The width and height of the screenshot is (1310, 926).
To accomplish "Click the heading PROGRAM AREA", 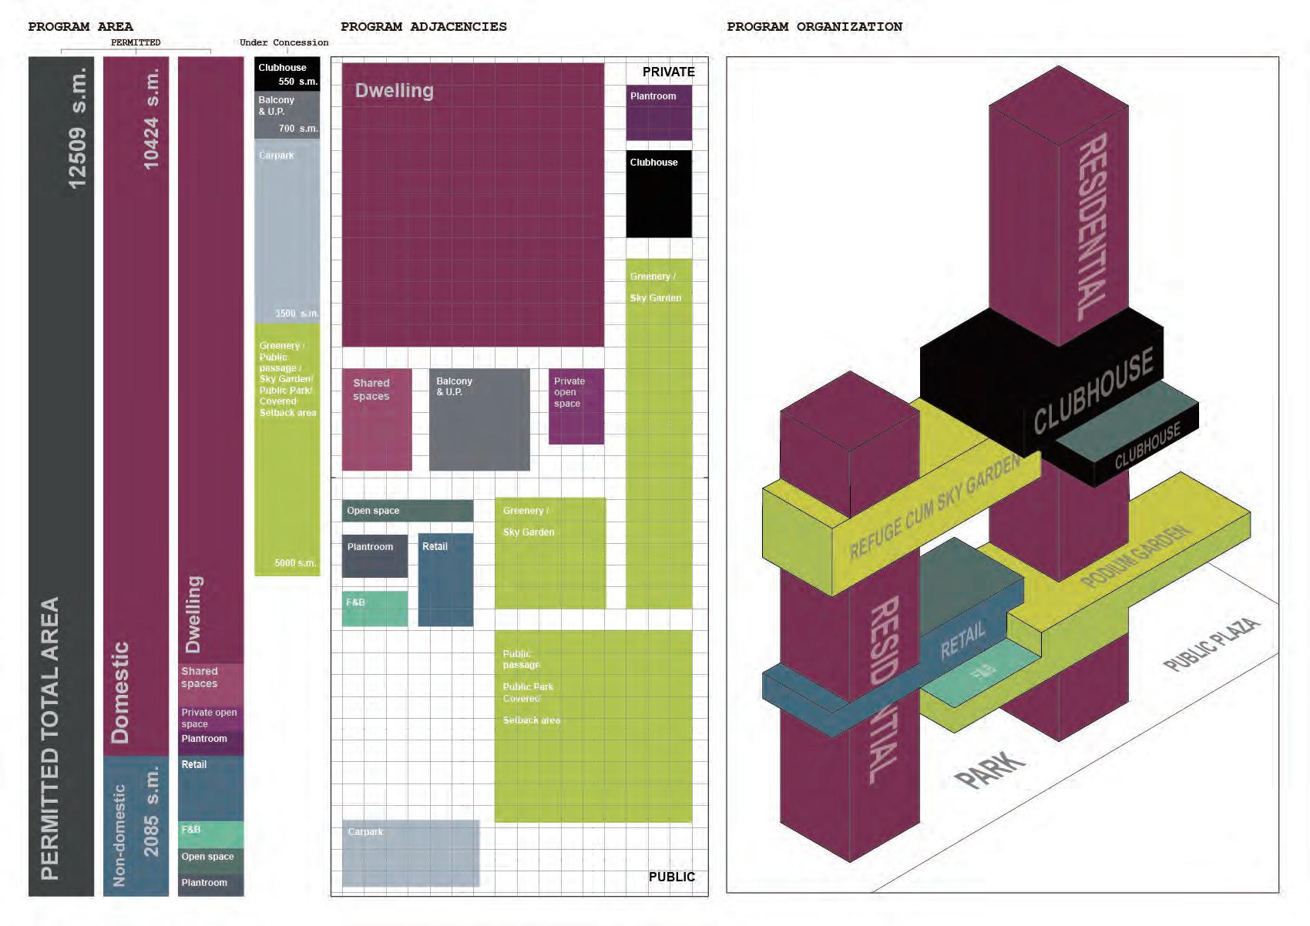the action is click(80, 27).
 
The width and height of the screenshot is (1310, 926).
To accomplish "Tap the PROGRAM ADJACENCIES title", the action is click(423, 27).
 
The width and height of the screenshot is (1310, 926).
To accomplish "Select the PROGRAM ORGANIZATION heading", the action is click(814, 27).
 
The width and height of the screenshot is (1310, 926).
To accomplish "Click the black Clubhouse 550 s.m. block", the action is click(287, 74).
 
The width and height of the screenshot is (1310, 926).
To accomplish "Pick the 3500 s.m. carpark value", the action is click(297, 314).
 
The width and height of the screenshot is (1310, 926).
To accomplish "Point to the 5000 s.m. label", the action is click(295, 563).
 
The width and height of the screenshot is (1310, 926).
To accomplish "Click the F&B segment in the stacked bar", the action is click(210, 834).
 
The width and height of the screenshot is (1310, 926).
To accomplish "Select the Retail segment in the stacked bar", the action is click(210, 787).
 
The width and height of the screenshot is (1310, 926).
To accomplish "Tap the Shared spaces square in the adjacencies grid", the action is click(377, 420).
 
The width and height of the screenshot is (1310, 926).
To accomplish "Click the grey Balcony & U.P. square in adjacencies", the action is click(479, 420).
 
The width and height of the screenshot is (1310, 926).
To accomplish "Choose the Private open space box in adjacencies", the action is click(576, 407).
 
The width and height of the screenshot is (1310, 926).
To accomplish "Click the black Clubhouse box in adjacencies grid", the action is click(658, 194).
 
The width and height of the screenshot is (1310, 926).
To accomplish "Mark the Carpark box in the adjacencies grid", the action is click(411, 853).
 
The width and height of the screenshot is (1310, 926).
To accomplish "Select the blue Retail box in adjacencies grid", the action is click(445, 579).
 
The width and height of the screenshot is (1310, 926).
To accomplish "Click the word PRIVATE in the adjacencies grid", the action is click(668, 72).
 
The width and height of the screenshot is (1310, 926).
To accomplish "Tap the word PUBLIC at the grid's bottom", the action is click(671, 877).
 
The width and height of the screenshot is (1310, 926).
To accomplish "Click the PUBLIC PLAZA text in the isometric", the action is click(1211, 644).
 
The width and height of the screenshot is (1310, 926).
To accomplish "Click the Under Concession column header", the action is click(284, 42).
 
